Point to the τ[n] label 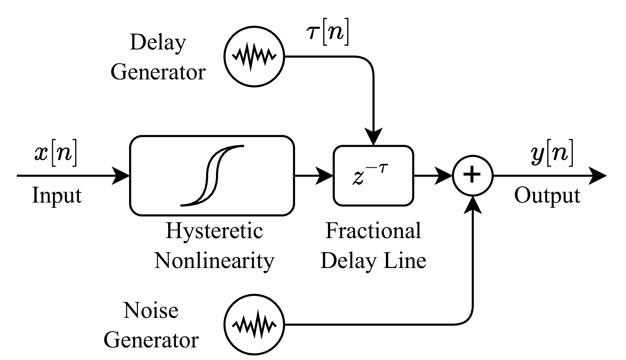[328, 34]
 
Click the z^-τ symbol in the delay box [370, 176]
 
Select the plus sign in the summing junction [472, 176]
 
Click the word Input [56, 196]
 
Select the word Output [547, 196]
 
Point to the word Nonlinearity [214, 261]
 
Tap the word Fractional [373, 230]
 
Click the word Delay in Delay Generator [158, 43]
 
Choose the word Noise [151, 311]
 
